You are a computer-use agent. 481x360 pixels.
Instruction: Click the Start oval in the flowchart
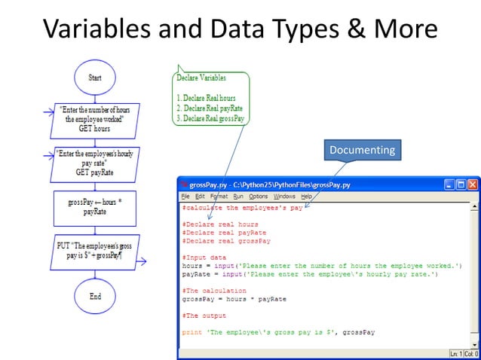tap(95, 78)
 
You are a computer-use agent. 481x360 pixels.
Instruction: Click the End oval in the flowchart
tap(95, 296)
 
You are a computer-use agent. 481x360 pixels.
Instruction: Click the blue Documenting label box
tap(362, 151)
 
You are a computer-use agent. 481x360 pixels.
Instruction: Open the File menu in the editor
tap(185, 197)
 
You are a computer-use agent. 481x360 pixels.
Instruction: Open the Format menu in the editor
tap(219, 197)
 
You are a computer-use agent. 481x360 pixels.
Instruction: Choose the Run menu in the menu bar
tap(238, 197)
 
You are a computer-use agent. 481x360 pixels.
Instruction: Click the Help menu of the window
tap(306, 197)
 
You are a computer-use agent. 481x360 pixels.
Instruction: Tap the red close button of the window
tap(473, 185)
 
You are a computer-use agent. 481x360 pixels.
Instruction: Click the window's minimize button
tap(449, 185)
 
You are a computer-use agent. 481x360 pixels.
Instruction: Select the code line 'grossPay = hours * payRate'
tap(234, 299)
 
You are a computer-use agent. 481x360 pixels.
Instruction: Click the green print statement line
tap(278, 332)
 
